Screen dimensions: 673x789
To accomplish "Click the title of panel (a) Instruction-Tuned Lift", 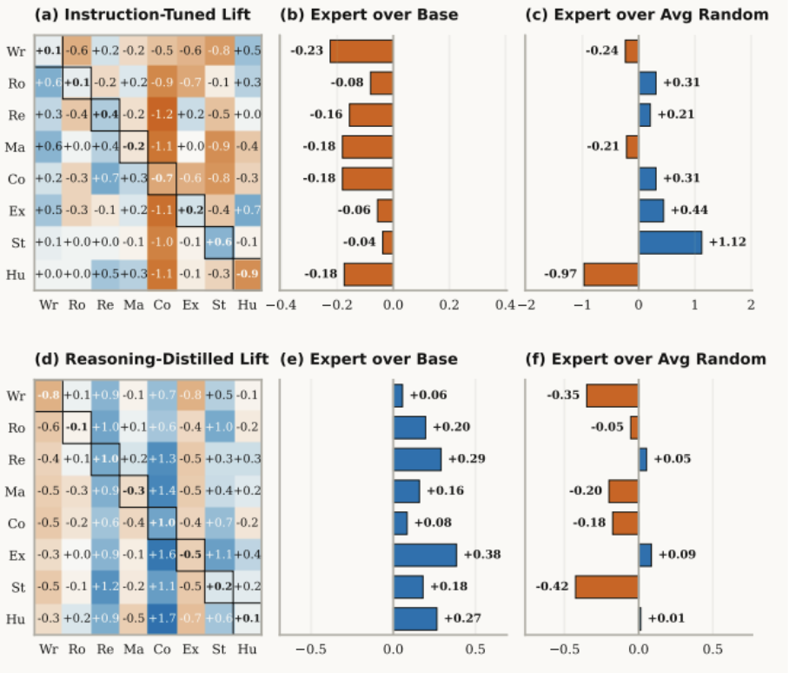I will tap(143, 14).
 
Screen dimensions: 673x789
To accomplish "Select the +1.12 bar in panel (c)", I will tap(670, 242).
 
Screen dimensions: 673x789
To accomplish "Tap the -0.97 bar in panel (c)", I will tap(611, 275).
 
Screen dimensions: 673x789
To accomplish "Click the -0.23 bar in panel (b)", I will tap(361, 50).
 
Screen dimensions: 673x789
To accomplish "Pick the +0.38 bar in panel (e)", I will tap(425, 554).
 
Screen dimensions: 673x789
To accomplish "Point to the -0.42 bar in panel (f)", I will tap(607, 587).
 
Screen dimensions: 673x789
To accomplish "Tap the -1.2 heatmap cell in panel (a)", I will tap(162, 115).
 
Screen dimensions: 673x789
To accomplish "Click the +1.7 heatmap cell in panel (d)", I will tap(162, 619).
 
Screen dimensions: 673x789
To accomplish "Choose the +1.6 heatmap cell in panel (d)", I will tap(162, 554).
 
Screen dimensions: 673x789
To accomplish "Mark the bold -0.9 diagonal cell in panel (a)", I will tap(247, 274).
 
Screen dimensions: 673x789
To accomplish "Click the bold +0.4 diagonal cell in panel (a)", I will tap(106, 115).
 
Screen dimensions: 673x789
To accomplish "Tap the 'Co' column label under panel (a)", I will tap(162, 305).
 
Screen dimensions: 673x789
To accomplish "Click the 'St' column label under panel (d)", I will tap(219, 650).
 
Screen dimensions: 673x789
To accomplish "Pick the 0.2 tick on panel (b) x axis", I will tap(449, 304).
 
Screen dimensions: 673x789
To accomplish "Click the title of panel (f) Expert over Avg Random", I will tap(646, 358).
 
